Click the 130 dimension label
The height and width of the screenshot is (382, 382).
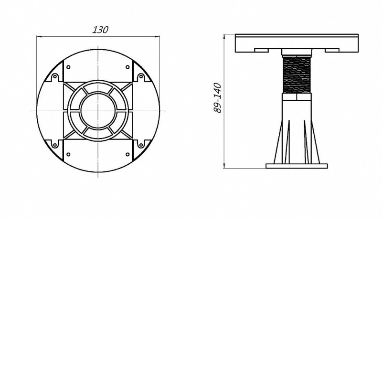100,30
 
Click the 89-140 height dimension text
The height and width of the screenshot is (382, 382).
217,98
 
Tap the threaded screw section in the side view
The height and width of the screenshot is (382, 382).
297,74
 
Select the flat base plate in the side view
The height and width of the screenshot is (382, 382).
297,166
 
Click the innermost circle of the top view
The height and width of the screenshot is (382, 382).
98,111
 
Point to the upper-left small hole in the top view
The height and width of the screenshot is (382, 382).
68,67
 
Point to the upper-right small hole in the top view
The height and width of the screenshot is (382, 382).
127,67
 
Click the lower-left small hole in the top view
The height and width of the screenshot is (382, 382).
68,154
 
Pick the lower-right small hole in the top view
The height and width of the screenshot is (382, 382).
127,154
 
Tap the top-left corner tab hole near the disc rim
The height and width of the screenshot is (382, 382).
55,77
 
